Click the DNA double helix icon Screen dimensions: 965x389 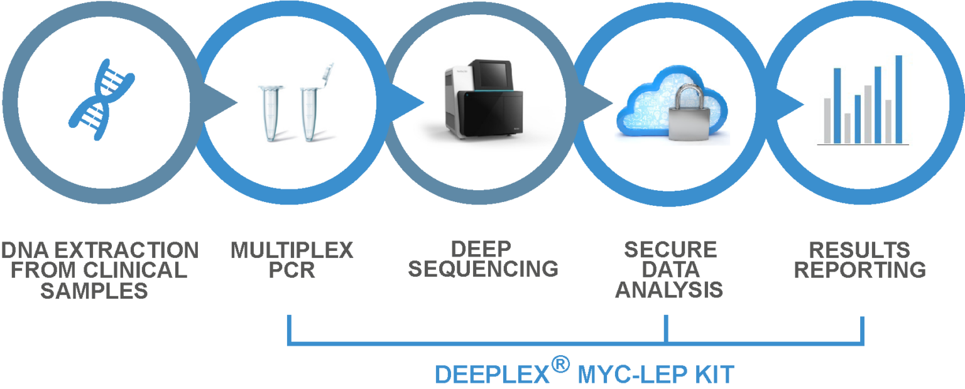[102, 100]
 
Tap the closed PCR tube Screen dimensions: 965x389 [270, 113]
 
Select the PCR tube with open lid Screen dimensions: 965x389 [315, 104]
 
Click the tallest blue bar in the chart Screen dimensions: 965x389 [898, 99]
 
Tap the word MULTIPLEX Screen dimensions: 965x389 [292, 250]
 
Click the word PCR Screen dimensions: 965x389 [292, 270]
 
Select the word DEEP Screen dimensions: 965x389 [481, 249]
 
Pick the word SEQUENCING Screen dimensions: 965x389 [483, 269]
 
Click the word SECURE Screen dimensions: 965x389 [670, 250]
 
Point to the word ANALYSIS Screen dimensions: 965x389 [669, 290]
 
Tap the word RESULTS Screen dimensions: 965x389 [859, 250]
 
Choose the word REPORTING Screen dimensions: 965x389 [860, 270]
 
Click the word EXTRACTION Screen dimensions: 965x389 [126, 250]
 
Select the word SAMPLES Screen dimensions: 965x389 [94, 291]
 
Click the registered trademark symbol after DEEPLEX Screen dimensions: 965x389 [560, 364]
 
